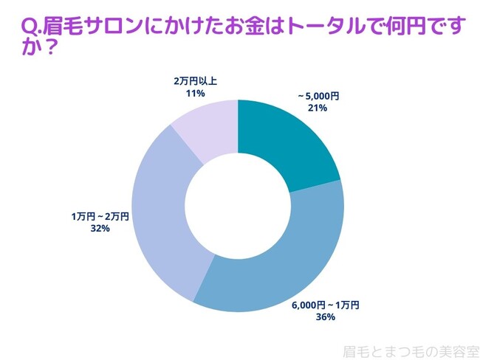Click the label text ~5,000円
318,96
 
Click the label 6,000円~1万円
325,305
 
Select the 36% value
325,317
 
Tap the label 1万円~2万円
100,216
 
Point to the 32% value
100,229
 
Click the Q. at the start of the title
32,28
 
